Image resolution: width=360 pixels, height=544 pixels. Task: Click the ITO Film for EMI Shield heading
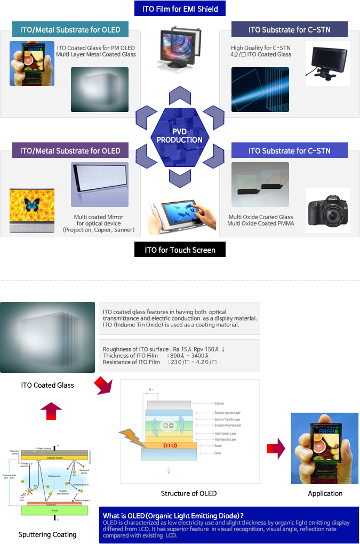click(180, 9)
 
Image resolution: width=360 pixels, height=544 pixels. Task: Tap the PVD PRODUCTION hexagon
click(180, 136)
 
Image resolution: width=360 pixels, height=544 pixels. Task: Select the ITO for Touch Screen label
click(180, 250)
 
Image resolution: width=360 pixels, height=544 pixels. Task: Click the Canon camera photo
click(327, 210)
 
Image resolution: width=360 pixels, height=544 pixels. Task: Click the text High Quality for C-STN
click(261, 48)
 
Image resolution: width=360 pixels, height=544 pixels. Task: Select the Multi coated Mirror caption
click(99, 217)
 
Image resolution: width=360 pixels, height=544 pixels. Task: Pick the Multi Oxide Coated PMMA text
click(261, 223)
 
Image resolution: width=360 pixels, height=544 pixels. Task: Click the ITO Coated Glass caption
click(47, 385)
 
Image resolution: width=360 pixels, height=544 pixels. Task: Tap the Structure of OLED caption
click(189, 493)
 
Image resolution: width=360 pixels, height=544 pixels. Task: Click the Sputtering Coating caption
click(47, 534)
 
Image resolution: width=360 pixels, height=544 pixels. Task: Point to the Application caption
click(325, 493)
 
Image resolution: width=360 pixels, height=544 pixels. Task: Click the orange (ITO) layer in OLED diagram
click(170, 445)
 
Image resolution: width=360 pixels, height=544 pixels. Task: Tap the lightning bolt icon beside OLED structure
click(132, 438)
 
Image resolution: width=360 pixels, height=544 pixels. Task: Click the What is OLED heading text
click(173, 515)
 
